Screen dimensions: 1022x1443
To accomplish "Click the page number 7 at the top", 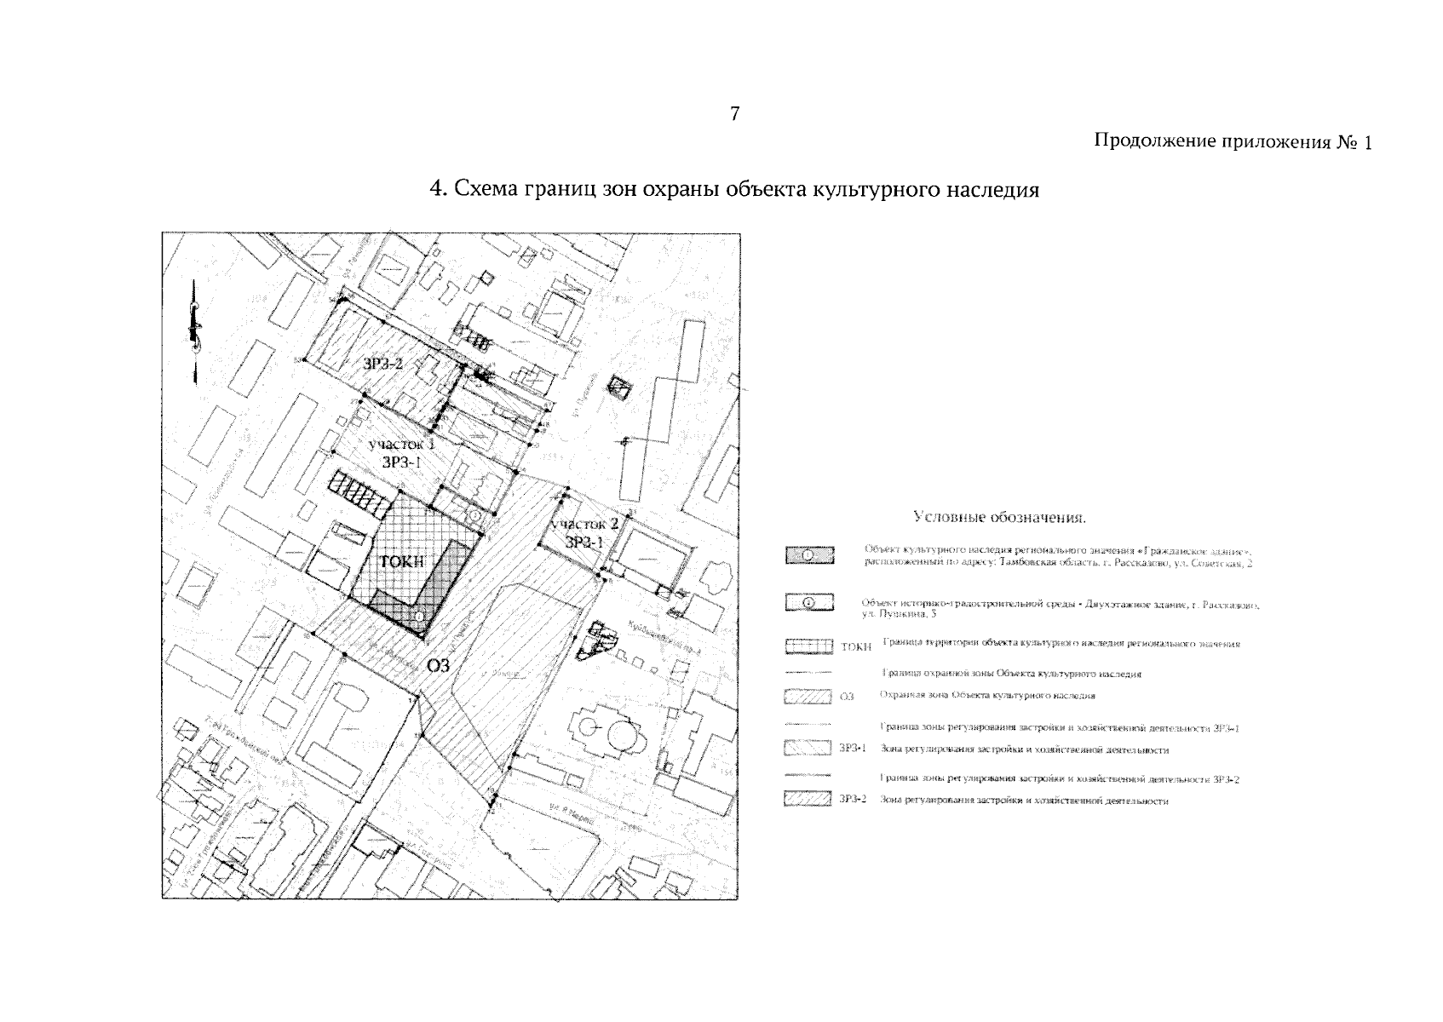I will coord(734,114).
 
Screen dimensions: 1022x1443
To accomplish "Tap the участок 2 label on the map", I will coord(584,523).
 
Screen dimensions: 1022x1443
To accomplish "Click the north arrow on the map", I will coord(195,328).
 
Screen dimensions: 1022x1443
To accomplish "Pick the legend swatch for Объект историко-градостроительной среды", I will coord(808,604).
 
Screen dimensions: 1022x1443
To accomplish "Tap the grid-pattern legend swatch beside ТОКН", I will coord(808,647).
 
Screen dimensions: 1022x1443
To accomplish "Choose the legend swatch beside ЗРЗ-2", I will coord(807,800).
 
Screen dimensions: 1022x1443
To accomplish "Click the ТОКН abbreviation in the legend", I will coord(855,648).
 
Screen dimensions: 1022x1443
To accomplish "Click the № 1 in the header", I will coord(1354,143).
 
